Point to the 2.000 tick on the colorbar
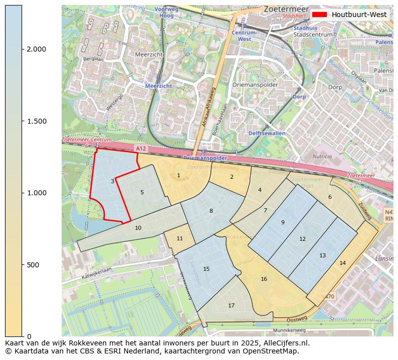tap(37, 49)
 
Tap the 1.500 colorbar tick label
tap(37, 121)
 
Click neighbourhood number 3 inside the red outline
tap(112, 181)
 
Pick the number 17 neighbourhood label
tap(231, 305)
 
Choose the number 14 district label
tap(342, 263)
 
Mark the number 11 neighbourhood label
tap(179, 238)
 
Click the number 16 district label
tap(264, 279)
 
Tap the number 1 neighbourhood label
tap(178, 175)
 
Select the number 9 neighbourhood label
tap(283, 222)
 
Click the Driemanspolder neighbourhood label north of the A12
tap(255, 85)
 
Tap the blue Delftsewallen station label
tap(267, 133)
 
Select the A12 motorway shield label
tap(142, 149)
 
